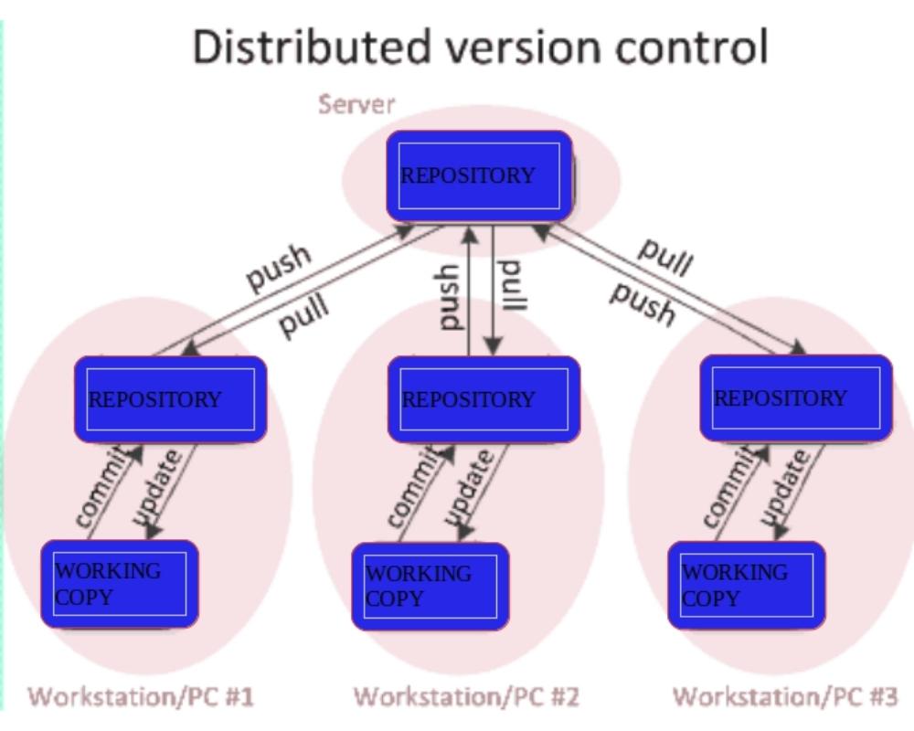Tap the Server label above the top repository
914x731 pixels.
point(356,103)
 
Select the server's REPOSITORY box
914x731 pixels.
point(479,175)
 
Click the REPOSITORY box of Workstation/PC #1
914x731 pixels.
point(170,399)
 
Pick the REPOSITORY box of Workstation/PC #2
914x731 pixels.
point(484,399)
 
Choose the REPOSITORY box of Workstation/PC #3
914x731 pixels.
point(795,397)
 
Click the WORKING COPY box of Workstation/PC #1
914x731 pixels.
point(119,584)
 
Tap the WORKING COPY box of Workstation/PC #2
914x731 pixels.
point(430,586)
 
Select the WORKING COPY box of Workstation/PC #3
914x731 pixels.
point(746,585)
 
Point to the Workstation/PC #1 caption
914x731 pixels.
point(141,697)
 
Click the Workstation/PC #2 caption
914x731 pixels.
point(466,697)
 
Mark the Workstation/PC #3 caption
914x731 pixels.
point(785,697)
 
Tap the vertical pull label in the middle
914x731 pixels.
point(514,286)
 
